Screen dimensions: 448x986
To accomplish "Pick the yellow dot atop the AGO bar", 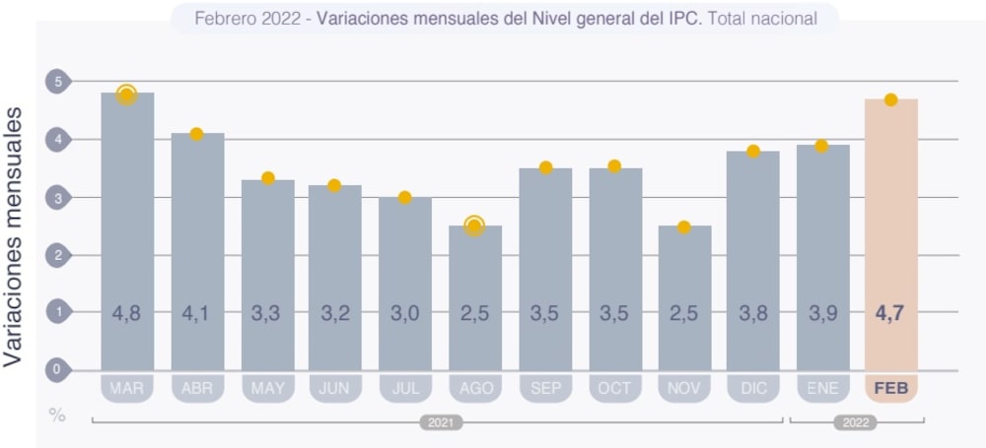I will (x=474, y=226).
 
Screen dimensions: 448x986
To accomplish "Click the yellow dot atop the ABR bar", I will (x=196, y=134).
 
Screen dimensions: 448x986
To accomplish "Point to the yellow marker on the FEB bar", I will (x=891, y=99).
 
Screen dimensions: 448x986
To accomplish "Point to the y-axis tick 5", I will (x=57, y=82).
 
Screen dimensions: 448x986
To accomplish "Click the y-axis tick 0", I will (x=57, y=370).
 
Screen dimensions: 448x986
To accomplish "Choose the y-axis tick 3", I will (x=57, y=198).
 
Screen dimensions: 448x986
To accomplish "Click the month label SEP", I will (x=544, y=389).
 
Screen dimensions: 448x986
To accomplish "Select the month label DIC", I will (x=752, y=389).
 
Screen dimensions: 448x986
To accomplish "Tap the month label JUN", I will (x=335, y=389).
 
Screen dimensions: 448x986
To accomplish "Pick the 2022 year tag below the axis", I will (x=854, y=422).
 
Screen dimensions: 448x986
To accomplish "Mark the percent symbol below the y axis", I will (x=57, y=416).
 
